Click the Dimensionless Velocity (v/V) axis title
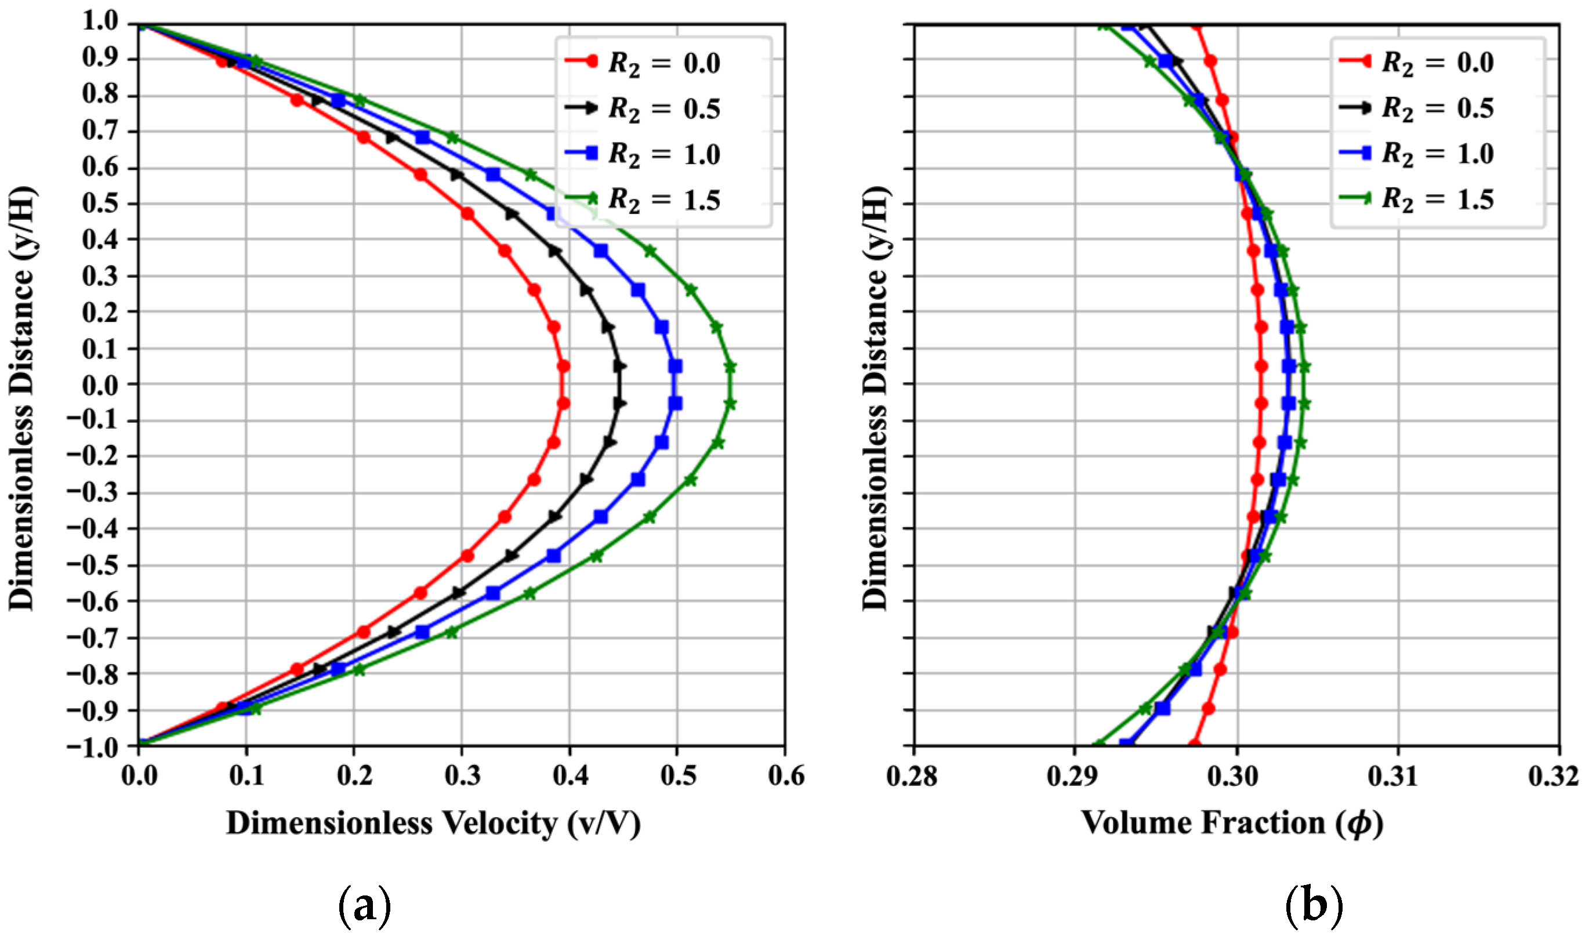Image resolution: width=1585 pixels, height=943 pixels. (433, 824)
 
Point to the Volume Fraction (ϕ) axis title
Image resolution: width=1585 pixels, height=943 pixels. (1232, 824)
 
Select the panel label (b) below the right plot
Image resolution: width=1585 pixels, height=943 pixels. (1314, 907)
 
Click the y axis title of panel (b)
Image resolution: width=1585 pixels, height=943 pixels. (875, 399)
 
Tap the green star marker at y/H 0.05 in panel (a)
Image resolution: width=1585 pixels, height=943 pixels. (731, 367)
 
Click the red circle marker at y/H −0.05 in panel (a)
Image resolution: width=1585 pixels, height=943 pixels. (564, 404)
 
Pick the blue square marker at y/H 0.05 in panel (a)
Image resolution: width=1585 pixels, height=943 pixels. (676, 367)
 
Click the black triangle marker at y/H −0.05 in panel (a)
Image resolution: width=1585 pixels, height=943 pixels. (620, 404)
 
